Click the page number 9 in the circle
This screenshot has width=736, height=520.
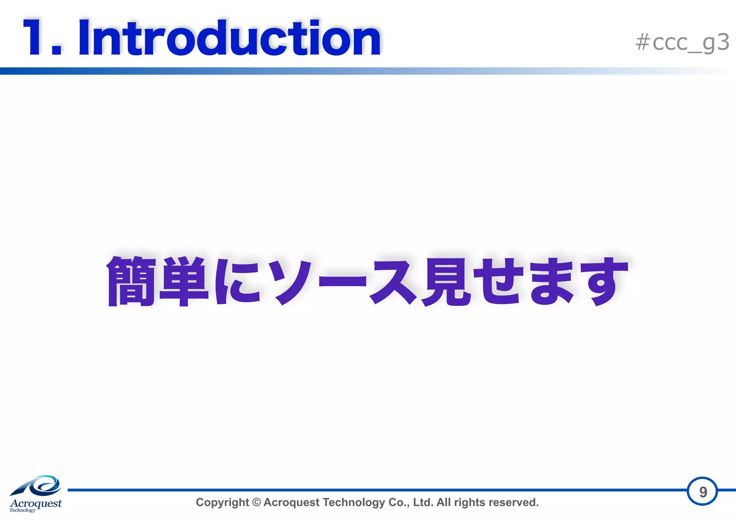(703, 492)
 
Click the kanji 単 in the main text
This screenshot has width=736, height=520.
(184, 281)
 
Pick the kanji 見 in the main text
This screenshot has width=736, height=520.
(447, 281)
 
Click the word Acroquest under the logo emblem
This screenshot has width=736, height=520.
(36, 503)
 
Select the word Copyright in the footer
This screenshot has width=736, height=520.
(222, 502)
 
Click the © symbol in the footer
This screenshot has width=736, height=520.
(256, 502)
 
